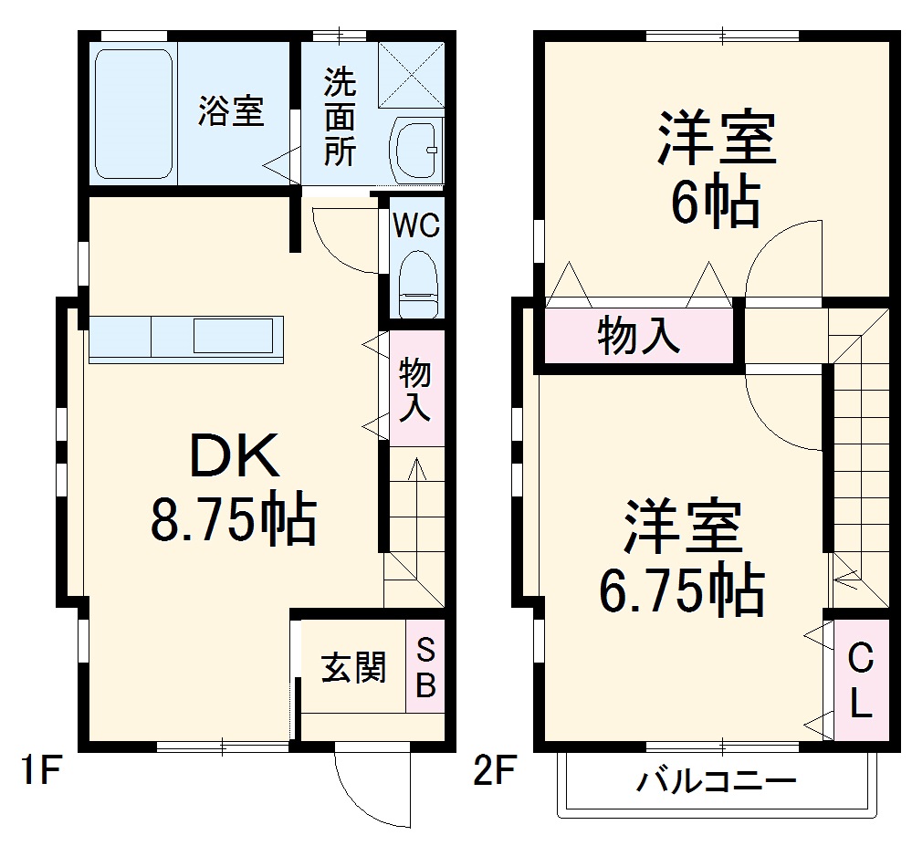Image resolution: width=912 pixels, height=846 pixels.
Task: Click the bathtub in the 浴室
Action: (x=134, y=113)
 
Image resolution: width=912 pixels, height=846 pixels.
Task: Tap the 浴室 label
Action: (x=232, y=111)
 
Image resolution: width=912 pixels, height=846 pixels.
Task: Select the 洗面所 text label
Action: (x=340, y=118)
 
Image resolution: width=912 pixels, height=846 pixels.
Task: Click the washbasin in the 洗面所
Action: (x=416, y=150)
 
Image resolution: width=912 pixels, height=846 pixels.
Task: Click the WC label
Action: (x=417, y=225)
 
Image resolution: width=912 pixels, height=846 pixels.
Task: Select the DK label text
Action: (x=234, y=456)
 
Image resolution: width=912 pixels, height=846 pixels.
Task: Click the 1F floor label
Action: (x=40, y=774)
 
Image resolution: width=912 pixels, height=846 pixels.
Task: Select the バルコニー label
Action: (x=717, y=781)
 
